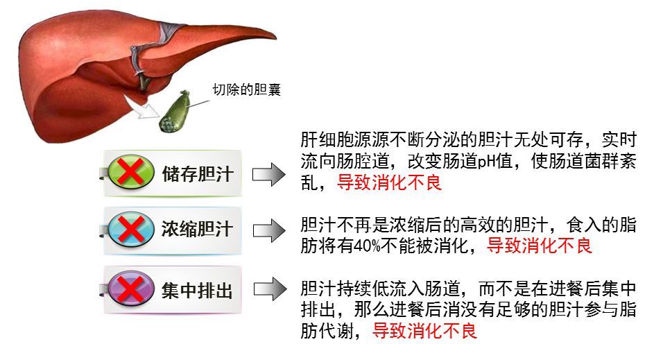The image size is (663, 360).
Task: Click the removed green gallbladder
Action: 174,111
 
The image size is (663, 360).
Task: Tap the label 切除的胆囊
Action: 246,89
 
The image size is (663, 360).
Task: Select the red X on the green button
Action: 131,172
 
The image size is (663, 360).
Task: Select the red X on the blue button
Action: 131,229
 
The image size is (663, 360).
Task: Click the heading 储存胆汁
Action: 198,173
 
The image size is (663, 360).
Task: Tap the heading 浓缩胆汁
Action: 198,229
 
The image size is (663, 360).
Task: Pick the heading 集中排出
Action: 198,291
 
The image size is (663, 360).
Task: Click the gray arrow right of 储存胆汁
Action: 269,174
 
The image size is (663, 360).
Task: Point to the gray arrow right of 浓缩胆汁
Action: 269,230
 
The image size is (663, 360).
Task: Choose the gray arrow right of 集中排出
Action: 270,289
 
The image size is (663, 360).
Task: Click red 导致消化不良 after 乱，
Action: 389,182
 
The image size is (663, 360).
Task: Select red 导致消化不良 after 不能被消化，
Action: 539,246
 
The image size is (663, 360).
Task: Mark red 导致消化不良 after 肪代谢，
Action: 424,331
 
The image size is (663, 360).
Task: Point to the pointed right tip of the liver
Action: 276,37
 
